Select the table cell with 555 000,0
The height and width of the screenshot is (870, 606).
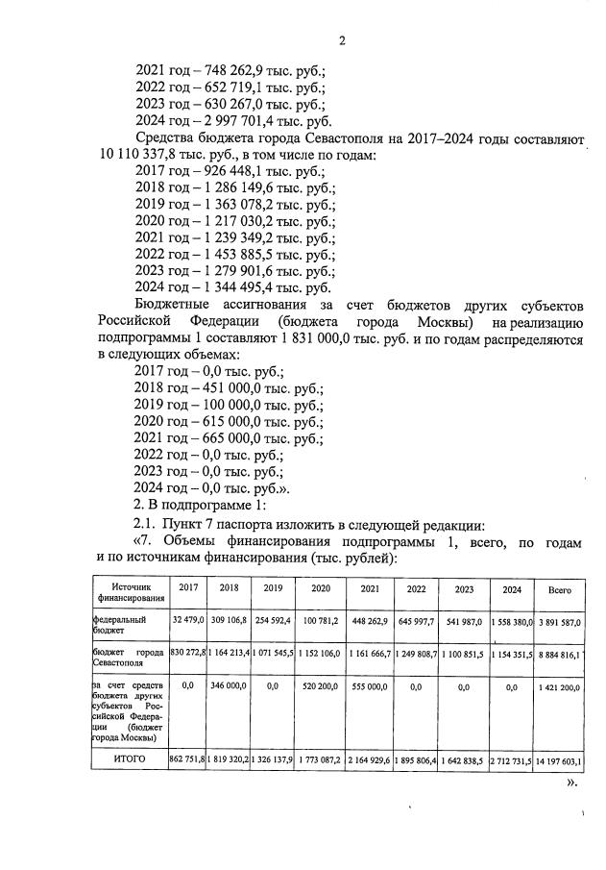[370, 689]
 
